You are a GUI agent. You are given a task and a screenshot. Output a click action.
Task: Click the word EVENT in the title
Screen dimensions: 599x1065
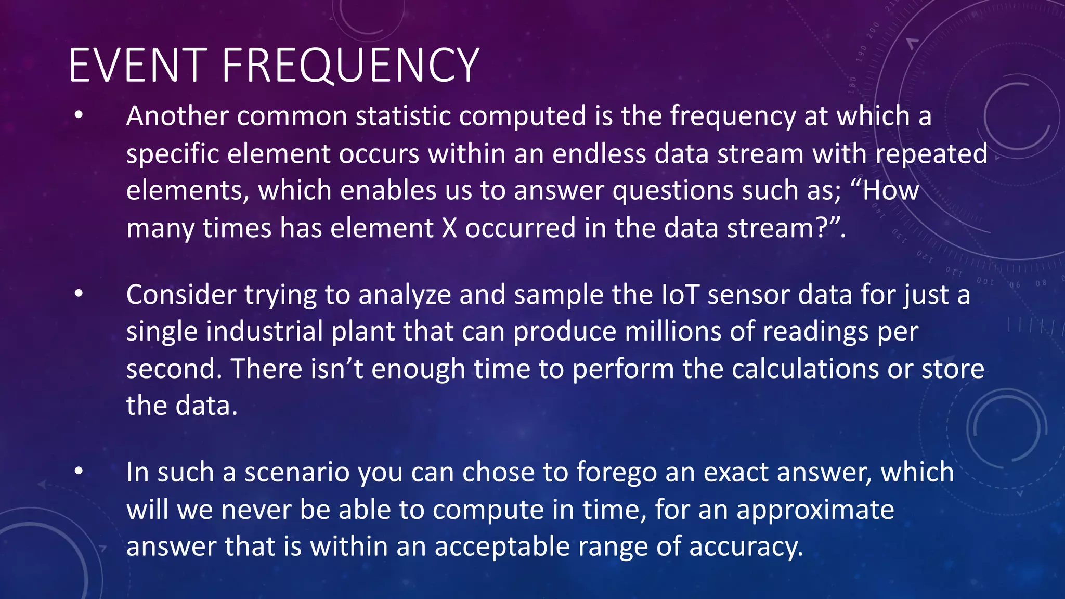(x=138, y=66)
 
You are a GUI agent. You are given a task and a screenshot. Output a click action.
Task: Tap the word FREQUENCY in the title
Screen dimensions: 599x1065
(x=350, y=66)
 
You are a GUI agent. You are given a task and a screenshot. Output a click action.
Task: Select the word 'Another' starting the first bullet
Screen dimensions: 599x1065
(x=177, y=115)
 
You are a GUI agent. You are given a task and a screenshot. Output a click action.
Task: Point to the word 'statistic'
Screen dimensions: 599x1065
(x=402, y=115)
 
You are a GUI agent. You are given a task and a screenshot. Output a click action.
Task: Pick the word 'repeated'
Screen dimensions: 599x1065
(x=931, y=154)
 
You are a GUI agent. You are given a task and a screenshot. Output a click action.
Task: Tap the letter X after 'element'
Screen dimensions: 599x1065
(x=449, y=228)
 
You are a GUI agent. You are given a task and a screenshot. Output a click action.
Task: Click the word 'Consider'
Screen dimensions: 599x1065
(x=181, y=295)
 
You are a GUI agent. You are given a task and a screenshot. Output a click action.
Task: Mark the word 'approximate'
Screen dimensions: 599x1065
(x=815, y=510)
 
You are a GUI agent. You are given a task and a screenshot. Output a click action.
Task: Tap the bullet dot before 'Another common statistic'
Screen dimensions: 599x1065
(x=79, y=115)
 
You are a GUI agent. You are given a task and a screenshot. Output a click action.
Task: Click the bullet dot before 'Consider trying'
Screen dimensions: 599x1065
(x=79, y=294)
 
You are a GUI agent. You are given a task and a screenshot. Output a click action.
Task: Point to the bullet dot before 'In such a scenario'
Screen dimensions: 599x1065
(x=79, y=472)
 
